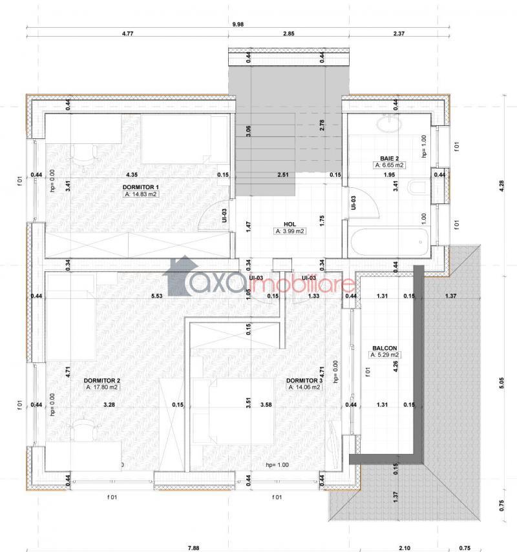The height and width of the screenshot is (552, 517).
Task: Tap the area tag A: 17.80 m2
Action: tap(102, 387)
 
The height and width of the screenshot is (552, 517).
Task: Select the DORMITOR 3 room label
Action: tap(304, 380)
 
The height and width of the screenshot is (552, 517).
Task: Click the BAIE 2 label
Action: tap(390, 158)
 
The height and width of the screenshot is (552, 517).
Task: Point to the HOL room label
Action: tap(290, 224)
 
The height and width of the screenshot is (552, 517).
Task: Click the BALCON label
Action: tap(385, 348)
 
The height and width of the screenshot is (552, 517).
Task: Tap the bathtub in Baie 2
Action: tap(389, 243)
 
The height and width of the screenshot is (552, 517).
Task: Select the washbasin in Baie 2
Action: tap(389, 124)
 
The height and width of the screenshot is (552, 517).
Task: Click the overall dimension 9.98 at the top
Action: tap(238, 25)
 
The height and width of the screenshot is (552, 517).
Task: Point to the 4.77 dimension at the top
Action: tap(127, 34)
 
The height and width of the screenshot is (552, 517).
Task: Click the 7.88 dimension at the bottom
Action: tap(193, 547)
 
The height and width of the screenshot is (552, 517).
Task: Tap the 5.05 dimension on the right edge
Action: tap(502, 383)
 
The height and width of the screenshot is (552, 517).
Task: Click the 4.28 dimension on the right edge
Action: tap(502, 186)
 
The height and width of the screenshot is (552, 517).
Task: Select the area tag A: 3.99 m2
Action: tap(290, 231)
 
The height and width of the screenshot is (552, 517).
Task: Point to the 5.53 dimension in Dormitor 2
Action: tap(157, 296)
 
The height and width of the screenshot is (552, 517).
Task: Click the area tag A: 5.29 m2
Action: tap(385, 355)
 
